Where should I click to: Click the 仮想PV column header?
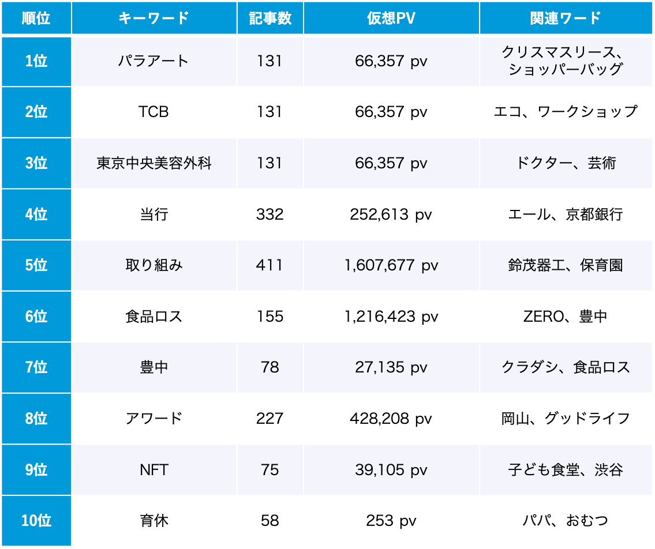click(391, 18)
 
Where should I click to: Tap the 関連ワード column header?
click(566, 18)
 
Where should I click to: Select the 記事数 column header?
click(270, 18)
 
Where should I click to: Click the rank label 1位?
click(36, 61)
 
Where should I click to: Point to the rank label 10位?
click(36, 521)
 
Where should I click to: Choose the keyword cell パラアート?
click(154, 61)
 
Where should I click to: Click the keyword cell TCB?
click(154, 112)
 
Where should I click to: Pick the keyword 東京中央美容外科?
click(154, 163)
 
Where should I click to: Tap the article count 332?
click(270, 215)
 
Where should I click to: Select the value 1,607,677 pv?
click(391, 265)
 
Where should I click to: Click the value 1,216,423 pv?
click(391, 317)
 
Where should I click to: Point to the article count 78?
click(270, 367)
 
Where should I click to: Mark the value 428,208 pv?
click(391, 419)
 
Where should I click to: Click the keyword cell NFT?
click(154, 470)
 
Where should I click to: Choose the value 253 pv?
click(391, 521)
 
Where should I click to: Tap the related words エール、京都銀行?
click(566, 215)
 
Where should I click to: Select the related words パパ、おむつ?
click(566, 521)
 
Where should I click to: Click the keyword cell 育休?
click(154, 521)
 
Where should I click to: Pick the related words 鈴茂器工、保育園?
click(566, 265)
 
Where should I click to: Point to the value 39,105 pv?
click(391, 470)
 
